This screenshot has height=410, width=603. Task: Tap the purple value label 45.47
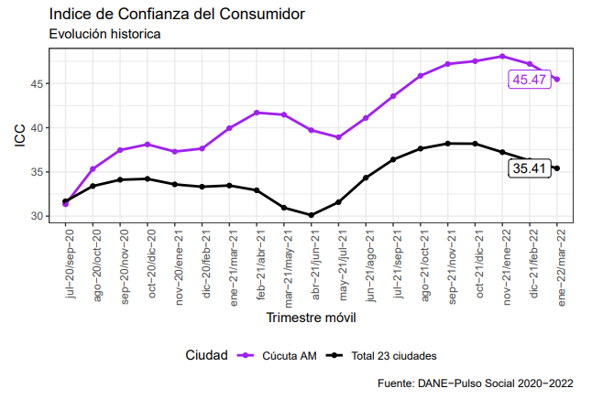tap(530, 80)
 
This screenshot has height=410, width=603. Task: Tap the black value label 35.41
tap(530, 168)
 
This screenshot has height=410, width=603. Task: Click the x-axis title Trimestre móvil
tap(311, 318)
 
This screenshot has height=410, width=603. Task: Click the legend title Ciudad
tap(206, 355)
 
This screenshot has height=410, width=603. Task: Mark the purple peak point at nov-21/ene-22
tap(502, 57)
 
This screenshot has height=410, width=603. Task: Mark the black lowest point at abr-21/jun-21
tap(312, 215)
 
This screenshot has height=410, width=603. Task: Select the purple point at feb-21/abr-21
tap(257, 113)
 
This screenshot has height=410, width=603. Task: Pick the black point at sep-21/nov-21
tap(447, 143)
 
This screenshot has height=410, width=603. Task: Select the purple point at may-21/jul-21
tap(338, 137)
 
